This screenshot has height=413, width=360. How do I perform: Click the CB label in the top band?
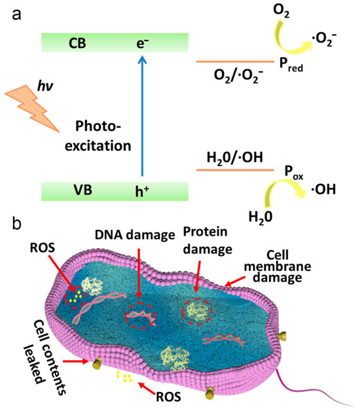click(x=77, y=43)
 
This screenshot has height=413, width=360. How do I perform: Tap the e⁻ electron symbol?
click(x=143, y=43)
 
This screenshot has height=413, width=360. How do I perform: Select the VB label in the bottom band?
click(x=83, y=190)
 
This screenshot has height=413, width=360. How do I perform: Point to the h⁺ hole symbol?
click(x=142, y=191)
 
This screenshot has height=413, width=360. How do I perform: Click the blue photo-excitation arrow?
click(x=142, y=116)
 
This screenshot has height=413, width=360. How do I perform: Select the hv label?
click(x=45, y=86)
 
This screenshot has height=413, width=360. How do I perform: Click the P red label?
click(x=291, y=65)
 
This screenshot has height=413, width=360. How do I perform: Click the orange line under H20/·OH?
click(x=235, y=170)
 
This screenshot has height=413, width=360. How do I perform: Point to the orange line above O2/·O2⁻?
click(x=235, y=62)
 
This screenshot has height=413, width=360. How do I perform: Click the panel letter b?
click(x=16, y=224)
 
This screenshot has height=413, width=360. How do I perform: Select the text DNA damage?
click(x=135, y=235)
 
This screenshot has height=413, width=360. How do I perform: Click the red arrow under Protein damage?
click(x=198, y=277)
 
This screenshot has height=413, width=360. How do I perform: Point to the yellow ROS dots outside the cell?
click(x=124, y=376)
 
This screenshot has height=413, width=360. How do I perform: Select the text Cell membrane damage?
click(x=278, y=266)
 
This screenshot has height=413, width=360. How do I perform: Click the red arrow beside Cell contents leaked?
click(x=75, y=361)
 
